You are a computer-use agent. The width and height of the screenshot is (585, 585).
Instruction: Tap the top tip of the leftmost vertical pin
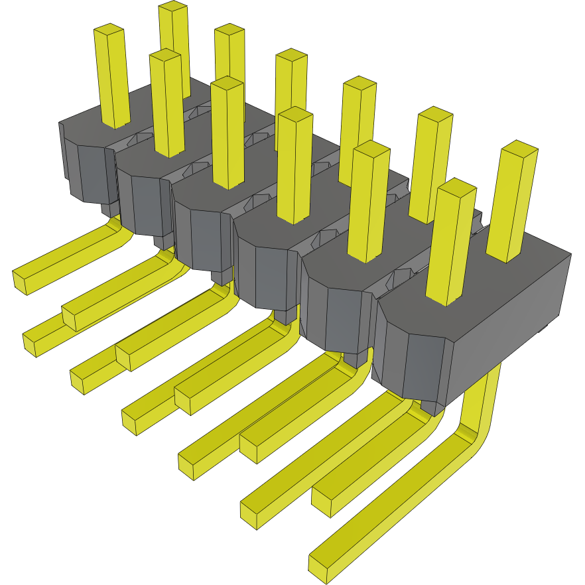[x=109, y=30]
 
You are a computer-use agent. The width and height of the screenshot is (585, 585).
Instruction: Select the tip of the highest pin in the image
[x=173, y=7]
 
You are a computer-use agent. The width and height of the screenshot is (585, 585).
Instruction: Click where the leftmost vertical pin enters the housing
[x=114, y=123]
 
